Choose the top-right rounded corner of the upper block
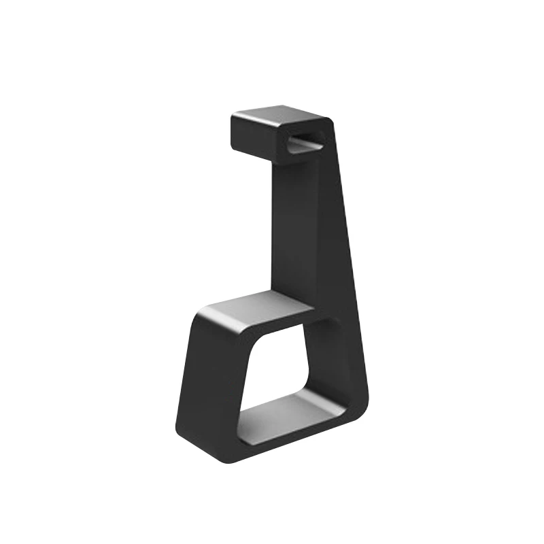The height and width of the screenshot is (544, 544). (x=329, y=123)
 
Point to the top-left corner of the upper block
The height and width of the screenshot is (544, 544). (x=234, y=117)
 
